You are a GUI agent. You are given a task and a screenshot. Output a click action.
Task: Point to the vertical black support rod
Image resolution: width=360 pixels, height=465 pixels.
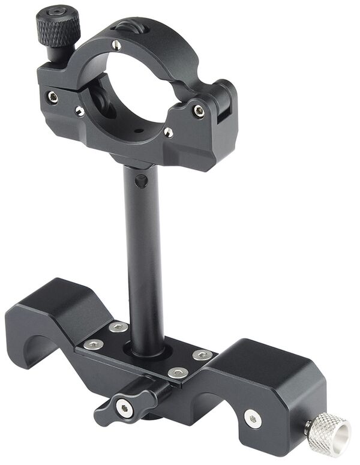(144, 258)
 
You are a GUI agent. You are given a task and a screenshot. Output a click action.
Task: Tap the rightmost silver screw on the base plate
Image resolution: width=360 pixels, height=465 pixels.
(202, 355)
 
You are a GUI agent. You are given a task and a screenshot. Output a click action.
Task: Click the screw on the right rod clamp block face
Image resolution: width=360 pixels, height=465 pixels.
(253, 419)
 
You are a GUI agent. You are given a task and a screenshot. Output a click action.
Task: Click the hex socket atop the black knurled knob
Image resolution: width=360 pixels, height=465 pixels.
(57, 11)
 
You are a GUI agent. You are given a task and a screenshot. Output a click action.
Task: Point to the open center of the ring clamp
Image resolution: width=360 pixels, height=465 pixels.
(138, 90)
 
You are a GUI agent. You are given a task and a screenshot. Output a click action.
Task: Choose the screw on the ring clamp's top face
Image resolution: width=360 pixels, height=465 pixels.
(116, 44)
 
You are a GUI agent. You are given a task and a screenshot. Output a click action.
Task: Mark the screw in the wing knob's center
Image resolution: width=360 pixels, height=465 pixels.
(124, 409)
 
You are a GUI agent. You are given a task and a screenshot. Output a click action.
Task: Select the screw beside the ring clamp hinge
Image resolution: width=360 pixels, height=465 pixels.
(198, 111)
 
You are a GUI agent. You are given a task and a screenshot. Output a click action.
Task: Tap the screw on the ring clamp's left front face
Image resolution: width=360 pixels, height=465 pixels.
(53, 97)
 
